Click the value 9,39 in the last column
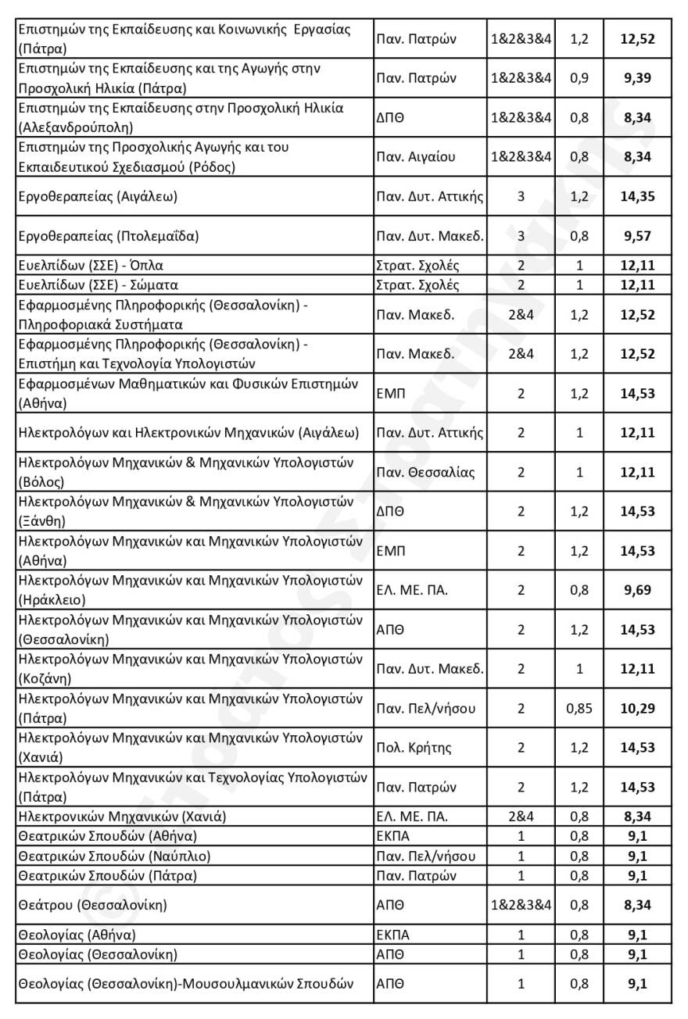(637, 78)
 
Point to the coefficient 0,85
(579, 709)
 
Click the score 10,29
(637, 709)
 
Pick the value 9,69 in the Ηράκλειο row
(637, 590)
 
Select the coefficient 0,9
(579, 78)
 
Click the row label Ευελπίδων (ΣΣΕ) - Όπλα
(90, 265)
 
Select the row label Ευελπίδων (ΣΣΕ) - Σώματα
(98, 285)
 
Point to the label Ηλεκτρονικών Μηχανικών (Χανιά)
(121, 817)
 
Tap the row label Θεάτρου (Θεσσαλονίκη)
(92, 905)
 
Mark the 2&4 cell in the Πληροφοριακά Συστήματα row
(521, 315)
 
